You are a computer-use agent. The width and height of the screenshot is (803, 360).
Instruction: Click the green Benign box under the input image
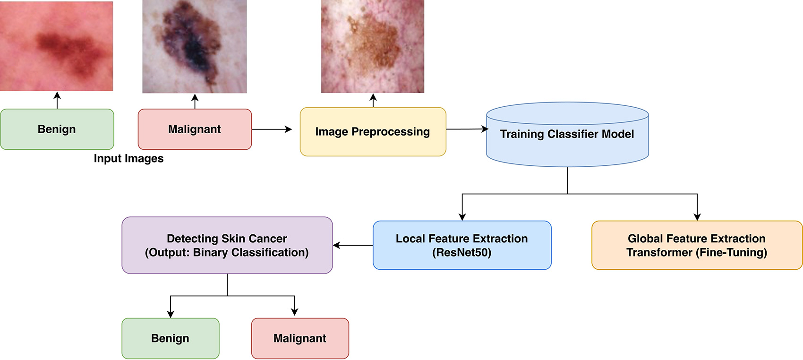pyautogui.click(x=57, y=129)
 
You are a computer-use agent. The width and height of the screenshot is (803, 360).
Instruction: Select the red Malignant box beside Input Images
pyautogui.click(x=195, y=129)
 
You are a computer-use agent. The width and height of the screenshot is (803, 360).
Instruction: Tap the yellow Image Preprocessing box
pyautogui.click(x=373, y=132)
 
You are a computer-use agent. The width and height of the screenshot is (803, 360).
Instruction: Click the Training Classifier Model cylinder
pyautogui.click(x=567, y=135)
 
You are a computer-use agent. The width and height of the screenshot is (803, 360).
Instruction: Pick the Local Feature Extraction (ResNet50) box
pyautogui.click(x=462, y=245)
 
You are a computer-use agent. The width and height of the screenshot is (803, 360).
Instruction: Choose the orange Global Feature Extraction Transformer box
pyautogui.click(x=697, y=245)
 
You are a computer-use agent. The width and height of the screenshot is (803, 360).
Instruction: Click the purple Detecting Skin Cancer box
pyautogui.click(x=227, y=245)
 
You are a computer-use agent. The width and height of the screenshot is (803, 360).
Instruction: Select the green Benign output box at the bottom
pyautogui.click(x=170, y=338)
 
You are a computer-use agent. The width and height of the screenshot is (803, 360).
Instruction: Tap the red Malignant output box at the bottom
pyautogui.click(x=300, y=338)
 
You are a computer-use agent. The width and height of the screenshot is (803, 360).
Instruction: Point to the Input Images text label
pyautogui.click(x=128, y=159)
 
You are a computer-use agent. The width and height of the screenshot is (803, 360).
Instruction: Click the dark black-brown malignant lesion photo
pyautogui.click(x=194, y=46)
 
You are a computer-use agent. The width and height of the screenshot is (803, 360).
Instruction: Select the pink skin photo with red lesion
pyautogui.click(x=56, y=46)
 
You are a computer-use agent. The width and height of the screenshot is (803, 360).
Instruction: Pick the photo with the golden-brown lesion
pyautogui.click(x=373, y=46)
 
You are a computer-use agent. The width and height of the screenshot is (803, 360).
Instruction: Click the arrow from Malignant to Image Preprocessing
pyautogui.click(x=272, y=129)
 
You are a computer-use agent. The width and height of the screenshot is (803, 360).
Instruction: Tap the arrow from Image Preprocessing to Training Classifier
pyautogui.click(x=467, y=129)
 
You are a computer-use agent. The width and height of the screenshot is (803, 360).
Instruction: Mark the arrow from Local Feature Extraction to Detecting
pyautogui.click(x=353, y=245)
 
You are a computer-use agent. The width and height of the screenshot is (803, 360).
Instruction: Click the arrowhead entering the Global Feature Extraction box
pyautogui.click(x=697, y=217)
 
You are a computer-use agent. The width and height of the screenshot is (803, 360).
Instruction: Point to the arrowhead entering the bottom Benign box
pyautogui.click(x=171, y=314)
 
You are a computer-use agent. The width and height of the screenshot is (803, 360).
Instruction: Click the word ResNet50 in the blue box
pyautogui.click(x=461, y=253)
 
